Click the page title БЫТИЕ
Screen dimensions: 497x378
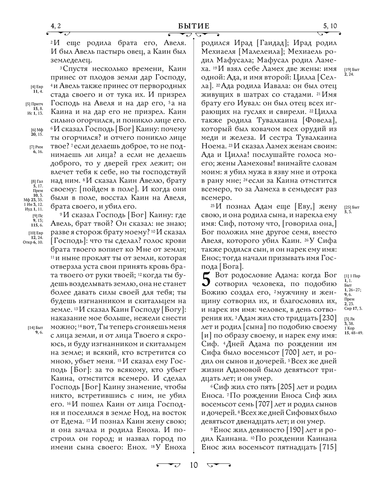click(x=194, y=26)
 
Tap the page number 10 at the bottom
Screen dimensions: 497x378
click(x=194, y=465)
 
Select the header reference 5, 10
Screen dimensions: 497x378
click(x=330, y=26)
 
